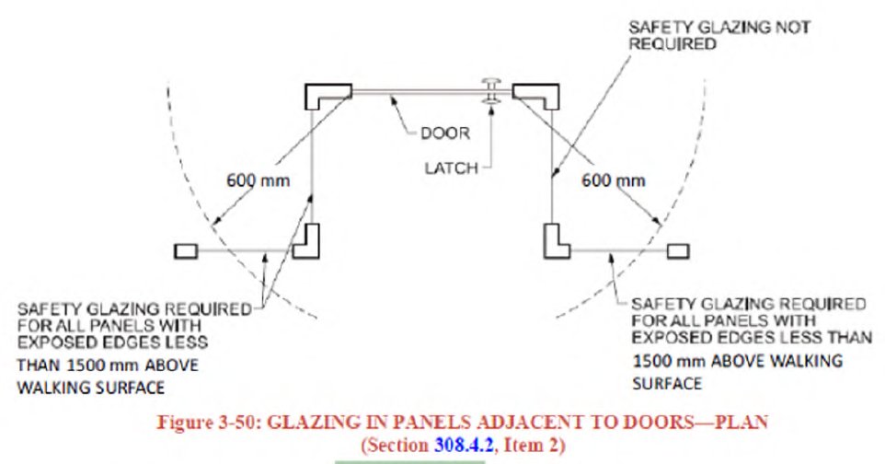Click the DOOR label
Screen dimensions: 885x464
(x=445, y=133)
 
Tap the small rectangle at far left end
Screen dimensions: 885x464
(x=185, y=249)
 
